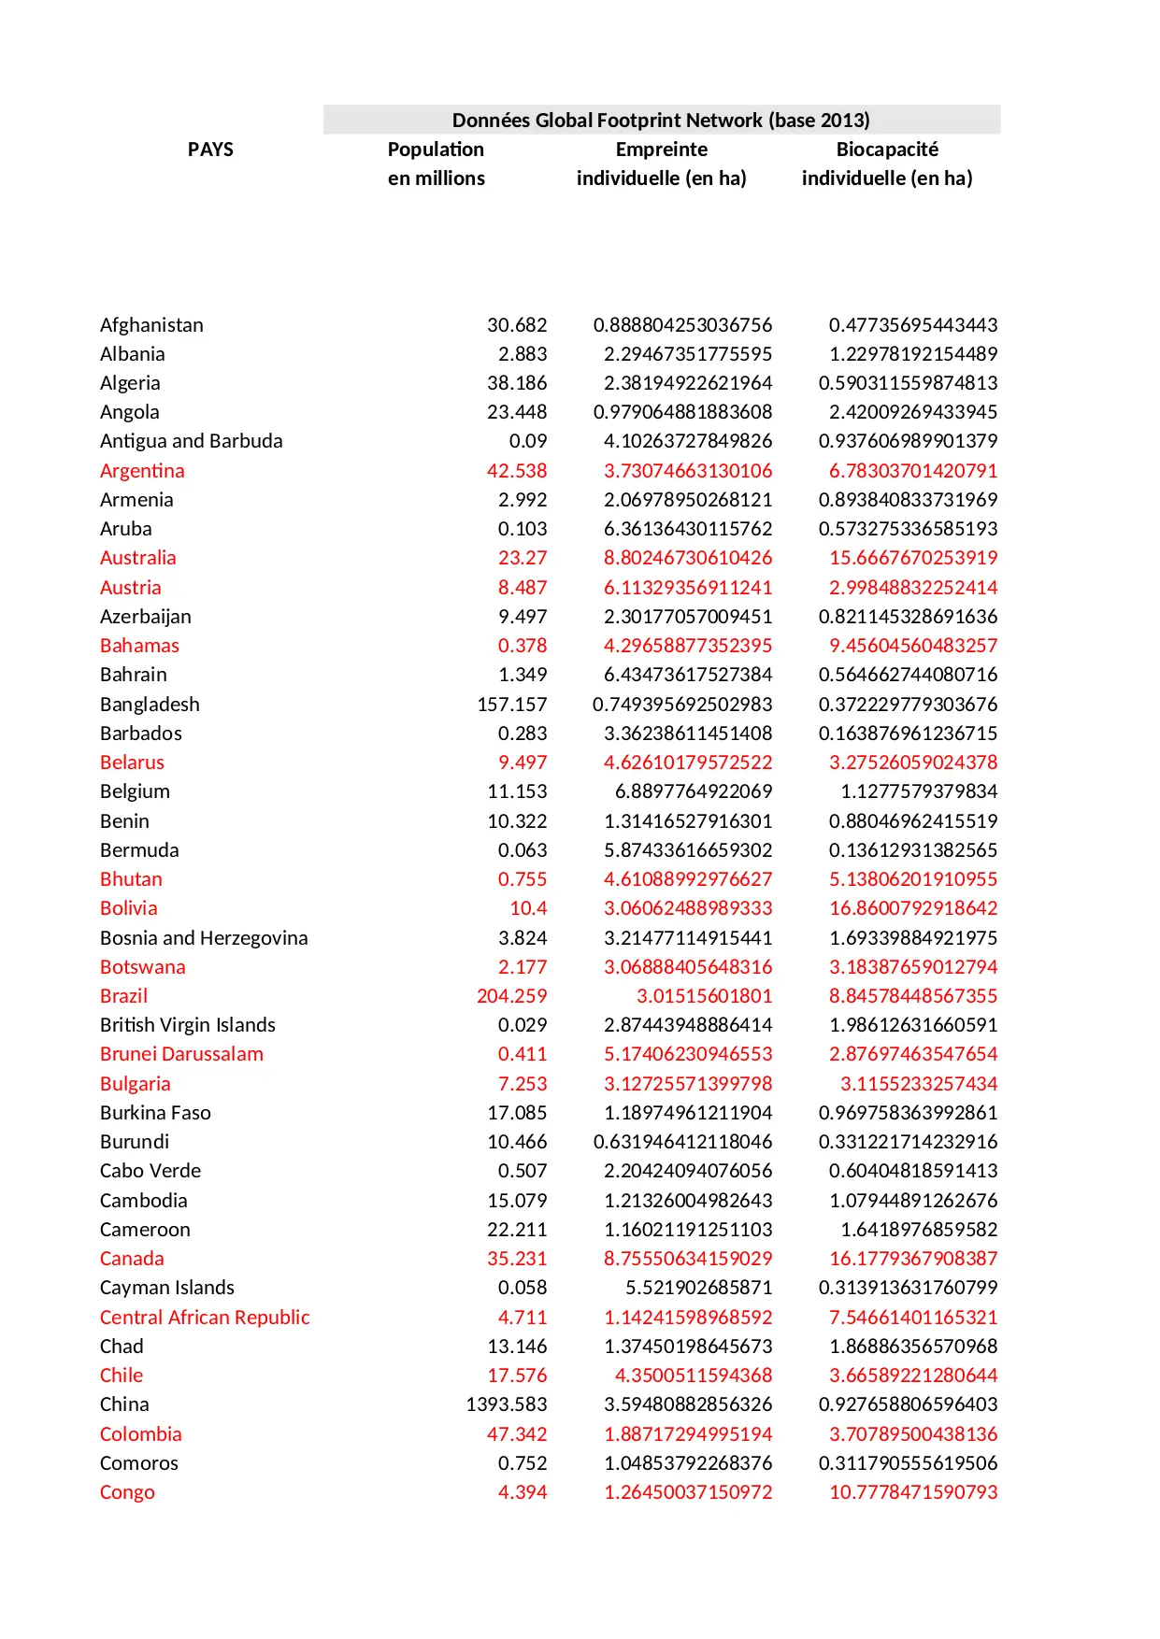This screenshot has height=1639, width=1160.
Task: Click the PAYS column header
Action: (x=210, y=150)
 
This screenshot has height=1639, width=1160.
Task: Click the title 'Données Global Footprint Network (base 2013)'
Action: (x=661, y=120)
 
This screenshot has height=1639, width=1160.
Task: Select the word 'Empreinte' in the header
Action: (x=661, y=150)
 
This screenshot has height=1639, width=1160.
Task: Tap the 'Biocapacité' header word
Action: (x=886, y=150)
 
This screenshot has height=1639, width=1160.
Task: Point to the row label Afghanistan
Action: (x=151, y=325)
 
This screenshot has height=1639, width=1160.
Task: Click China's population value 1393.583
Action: (x=507, y=1404)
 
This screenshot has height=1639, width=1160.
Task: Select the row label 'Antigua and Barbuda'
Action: (x=191, y=441)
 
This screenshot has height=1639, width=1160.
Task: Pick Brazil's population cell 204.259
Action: (x=511, y=996)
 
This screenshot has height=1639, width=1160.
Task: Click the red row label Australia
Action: (x=137, y=558)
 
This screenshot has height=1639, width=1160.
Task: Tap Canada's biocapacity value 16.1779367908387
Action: (x=912, y=1259)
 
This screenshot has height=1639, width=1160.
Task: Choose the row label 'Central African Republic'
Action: (x=205, y=1318)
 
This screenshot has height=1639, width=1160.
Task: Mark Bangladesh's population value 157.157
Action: (x=511, y=705)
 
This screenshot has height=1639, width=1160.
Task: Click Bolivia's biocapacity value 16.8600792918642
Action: (x=912, y=908)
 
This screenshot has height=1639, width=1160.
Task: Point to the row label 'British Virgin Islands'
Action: (x=187, y=1025)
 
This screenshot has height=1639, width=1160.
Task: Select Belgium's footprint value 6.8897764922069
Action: (x=693, y=791)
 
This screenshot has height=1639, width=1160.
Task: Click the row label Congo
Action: (x=127, y=1492)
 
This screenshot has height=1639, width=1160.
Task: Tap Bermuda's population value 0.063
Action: (x=522, y=850)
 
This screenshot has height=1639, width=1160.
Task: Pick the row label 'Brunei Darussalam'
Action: (x=181, y=1054)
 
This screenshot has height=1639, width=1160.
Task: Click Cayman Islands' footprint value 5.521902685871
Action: (x=698, y=1288)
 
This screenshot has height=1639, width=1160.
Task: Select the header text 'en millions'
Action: (x=436, y=178)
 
